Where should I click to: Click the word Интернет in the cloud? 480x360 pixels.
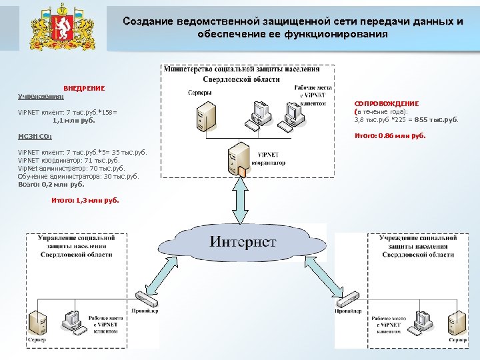[x=243, y=241]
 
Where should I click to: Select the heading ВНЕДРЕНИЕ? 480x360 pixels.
[x=84, y=89]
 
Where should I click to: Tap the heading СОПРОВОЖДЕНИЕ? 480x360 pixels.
[x=387, y=104]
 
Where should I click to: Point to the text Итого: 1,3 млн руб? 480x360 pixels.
[x=85, y=200]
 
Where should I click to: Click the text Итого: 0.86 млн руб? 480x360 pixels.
[x=389, y=136]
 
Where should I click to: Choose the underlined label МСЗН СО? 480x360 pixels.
[x=35, y=136]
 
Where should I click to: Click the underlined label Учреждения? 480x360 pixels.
[x=37, y=97]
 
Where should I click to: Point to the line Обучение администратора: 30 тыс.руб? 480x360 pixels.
[x=79, y=177]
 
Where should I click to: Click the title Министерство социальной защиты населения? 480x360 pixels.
[x=241, y=69]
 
